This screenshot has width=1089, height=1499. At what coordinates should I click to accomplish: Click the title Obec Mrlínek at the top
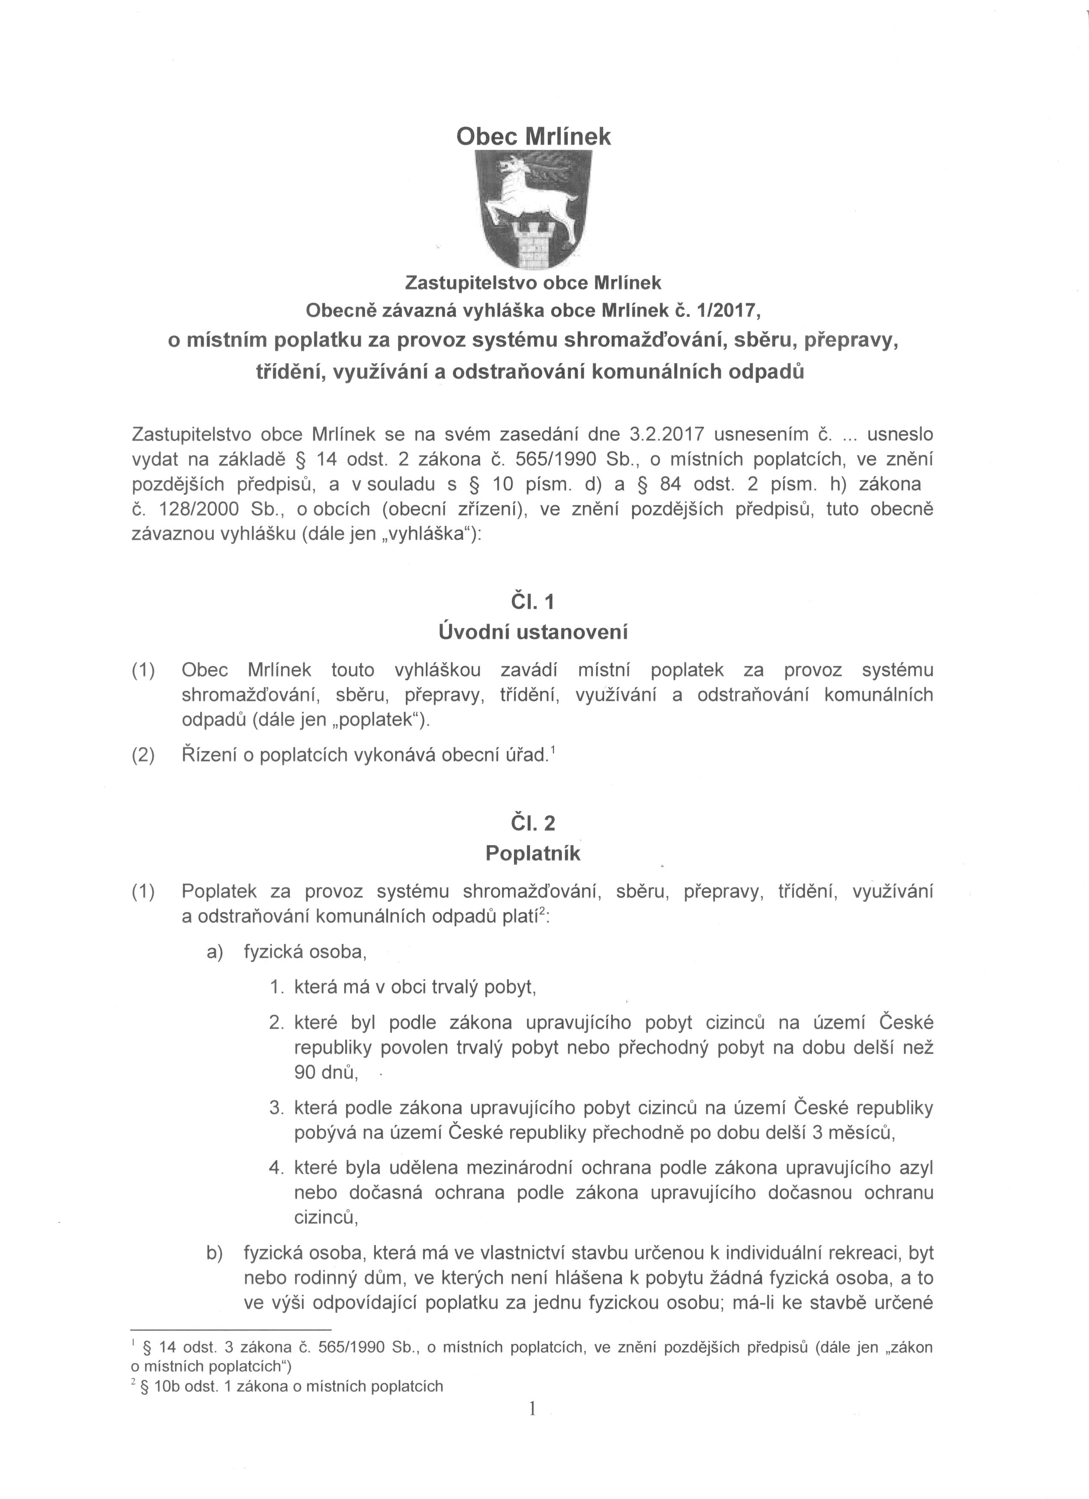[x=534, y=136]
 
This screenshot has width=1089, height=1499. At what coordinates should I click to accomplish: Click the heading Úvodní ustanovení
[x=533, y=632]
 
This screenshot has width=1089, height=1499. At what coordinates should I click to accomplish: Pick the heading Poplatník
[x=533, y=853]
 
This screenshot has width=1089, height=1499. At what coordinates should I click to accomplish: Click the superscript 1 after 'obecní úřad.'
[x=552, y=750]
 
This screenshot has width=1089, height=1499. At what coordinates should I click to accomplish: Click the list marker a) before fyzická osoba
[x=215, y=952]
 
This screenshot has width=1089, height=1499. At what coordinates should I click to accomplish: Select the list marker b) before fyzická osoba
[x=215, y=1252]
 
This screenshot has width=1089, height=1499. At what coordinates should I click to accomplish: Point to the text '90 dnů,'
[x=326, y=1073]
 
